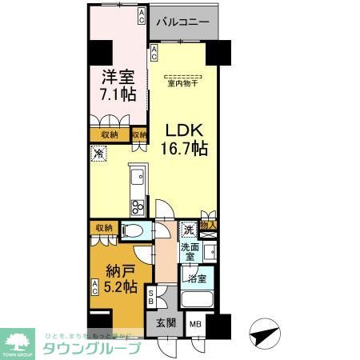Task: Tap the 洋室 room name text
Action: pyautogui.click(x=116, y=78)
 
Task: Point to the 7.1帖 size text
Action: pyautogui.click(x=117, y=94)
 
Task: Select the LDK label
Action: pyautogui.click(x=184, y=130)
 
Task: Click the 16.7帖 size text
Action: pyautogui.click(x=186, y=148)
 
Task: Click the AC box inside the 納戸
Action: pyautogui.click(x=94, y=286)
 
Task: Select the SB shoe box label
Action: pyautogui.click(x=153, y=297)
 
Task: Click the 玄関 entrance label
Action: pyautogui.click(x=163, y=324)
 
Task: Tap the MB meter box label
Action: pyautogui.click(x=194, y=325)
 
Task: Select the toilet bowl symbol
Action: pyautogui.click(x=134, y=232)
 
